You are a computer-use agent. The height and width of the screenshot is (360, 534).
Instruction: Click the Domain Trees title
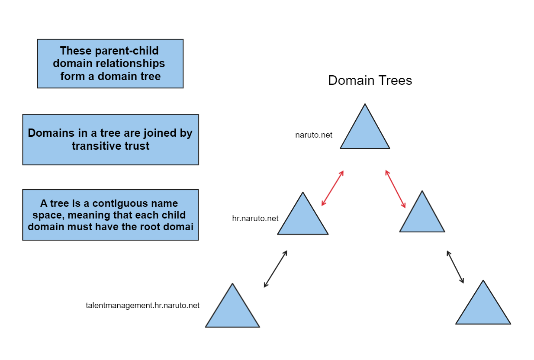(370, 80)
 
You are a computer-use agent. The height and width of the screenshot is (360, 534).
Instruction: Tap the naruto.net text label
(314, 135)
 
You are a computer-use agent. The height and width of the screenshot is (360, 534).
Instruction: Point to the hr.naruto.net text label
(255, 219)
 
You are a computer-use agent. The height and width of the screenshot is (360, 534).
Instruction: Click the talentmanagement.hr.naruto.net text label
(143, 305)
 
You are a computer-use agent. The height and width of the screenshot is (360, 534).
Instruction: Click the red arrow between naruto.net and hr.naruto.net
(332, 188)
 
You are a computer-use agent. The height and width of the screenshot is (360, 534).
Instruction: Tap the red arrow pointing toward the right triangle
(396, 189)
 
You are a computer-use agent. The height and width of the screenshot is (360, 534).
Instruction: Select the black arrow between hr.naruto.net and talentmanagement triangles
(276, 269)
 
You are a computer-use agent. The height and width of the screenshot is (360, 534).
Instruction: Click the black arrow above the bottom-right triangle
(455, 267)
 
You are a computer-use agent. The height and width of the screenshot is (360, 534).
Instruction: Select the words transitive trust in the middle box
(110, 146)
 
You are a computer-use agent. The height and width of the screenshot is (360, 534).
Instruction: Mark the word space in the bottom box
(46, 215)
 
